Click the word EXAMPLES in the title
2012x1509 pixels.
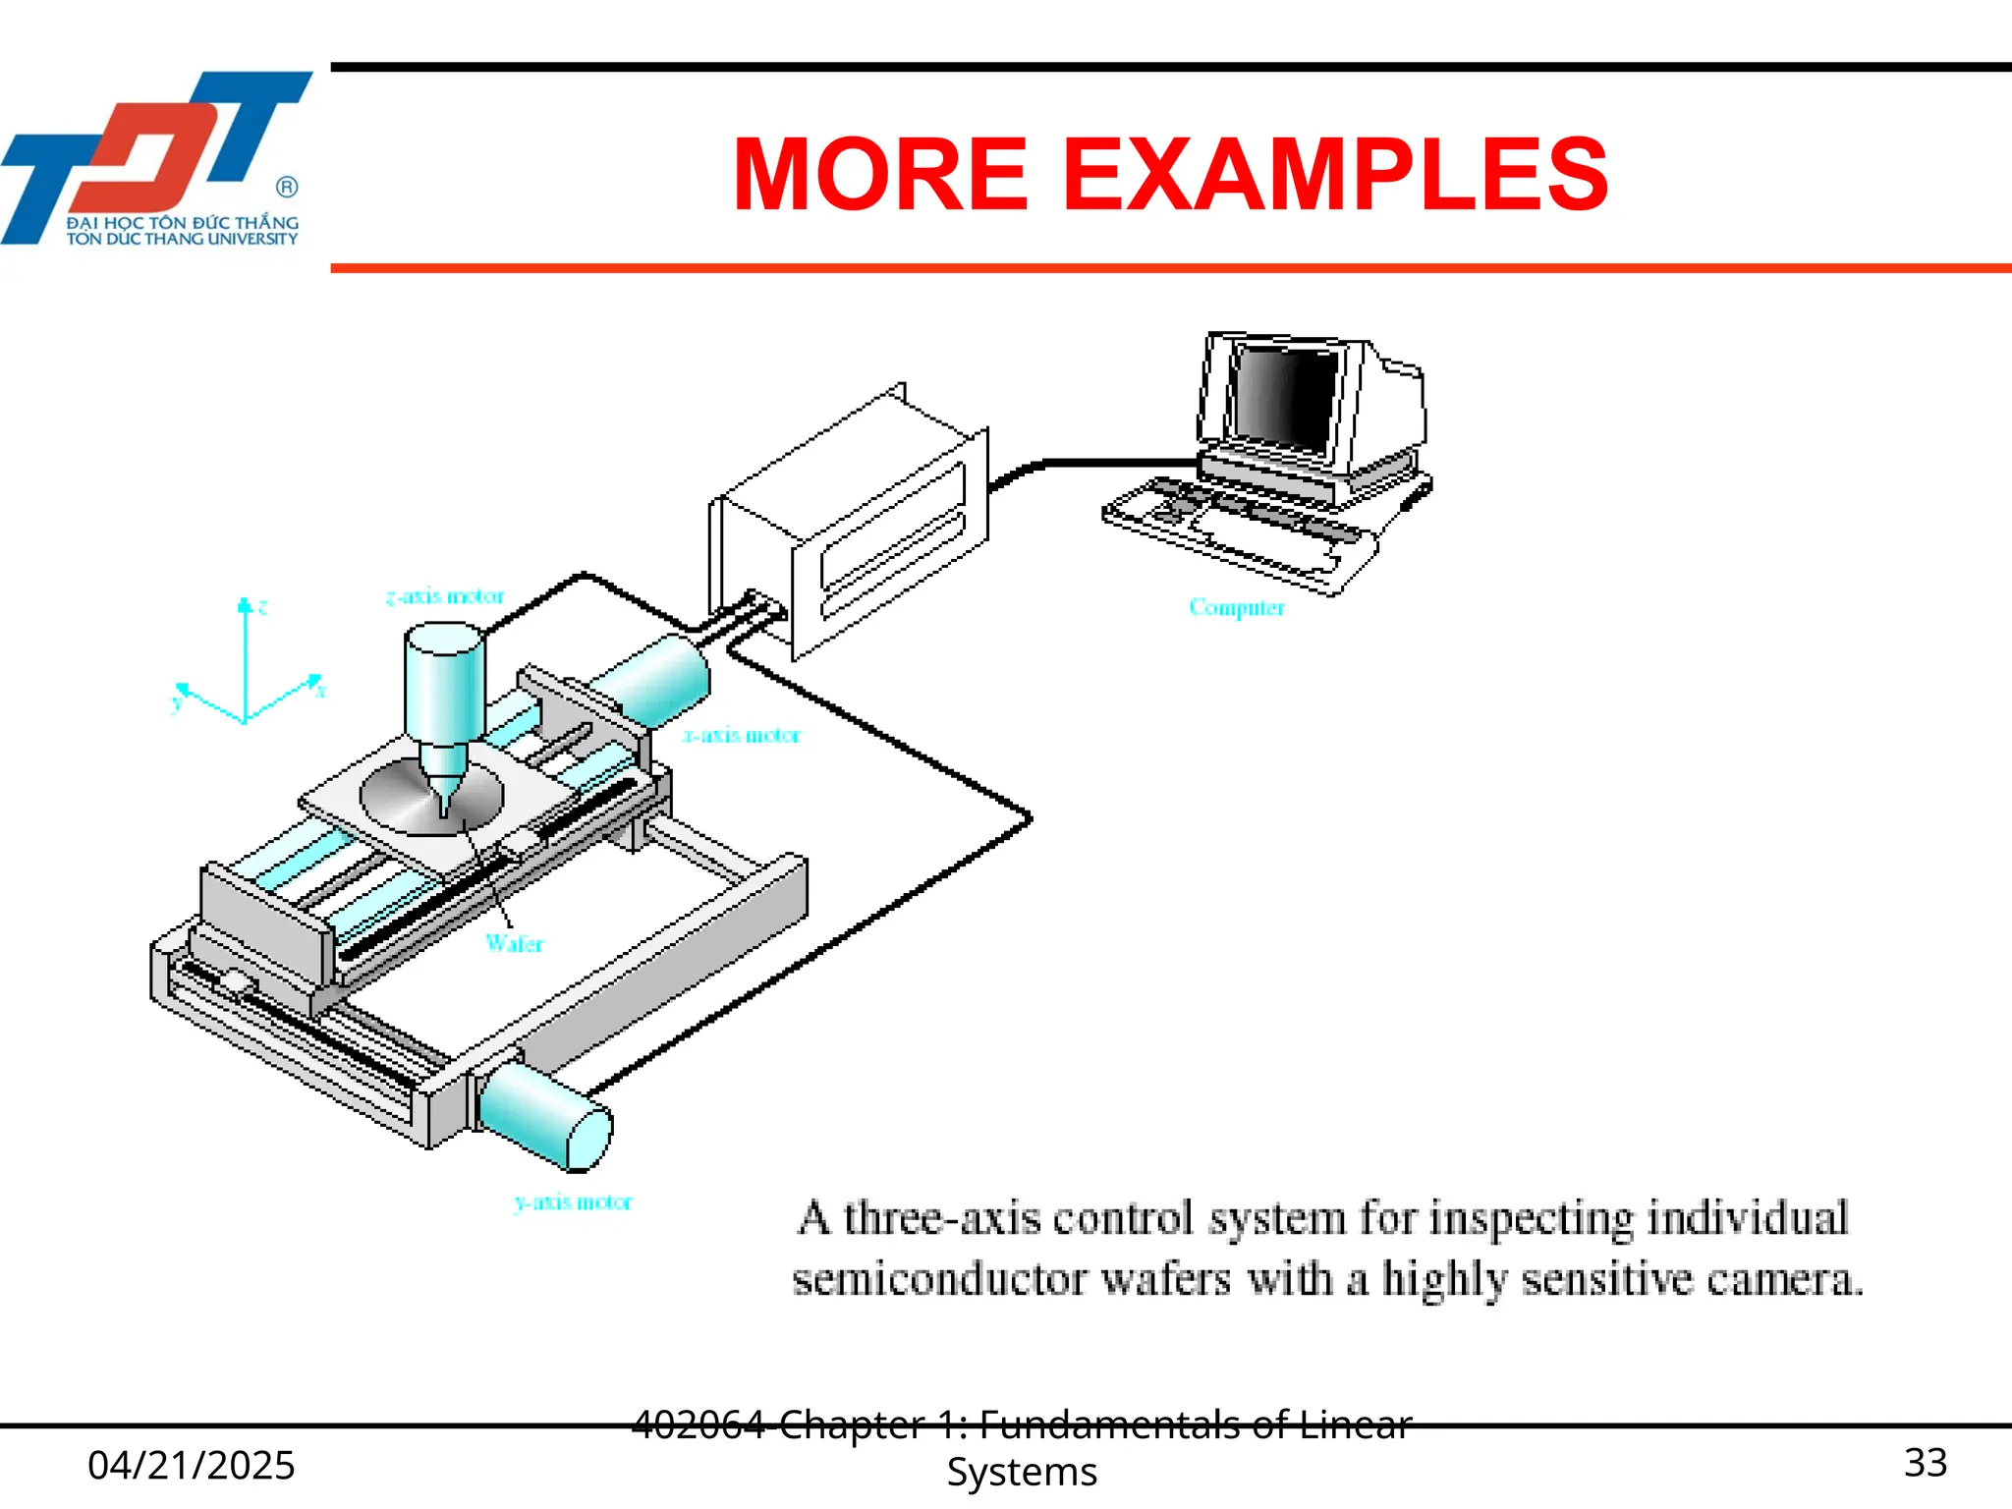pos(1335,175)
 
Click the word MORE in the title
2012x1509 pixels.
pos(880,175)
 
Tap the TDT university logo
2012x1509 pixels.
pos(157,157)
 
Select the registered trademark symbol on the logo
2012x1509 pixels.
pos(287,187)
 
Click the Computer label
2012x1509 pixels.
pos(1236,607)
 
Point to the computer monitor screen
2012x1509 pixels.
pos(1285,399)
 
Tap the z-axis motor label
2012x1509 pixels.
pos(444,596)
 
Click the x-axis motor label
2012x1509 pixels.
pos(742,735)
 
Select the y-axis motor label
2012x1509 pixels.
pos(573,1202)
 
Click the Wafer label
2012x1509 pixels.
pos(514,943)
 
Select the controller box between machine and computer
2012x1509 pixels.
pos(850,521)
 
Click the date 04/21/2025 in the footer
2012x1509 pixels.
pos(191,1465)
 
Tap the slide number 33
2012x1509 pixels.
pos(1925,1462)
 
